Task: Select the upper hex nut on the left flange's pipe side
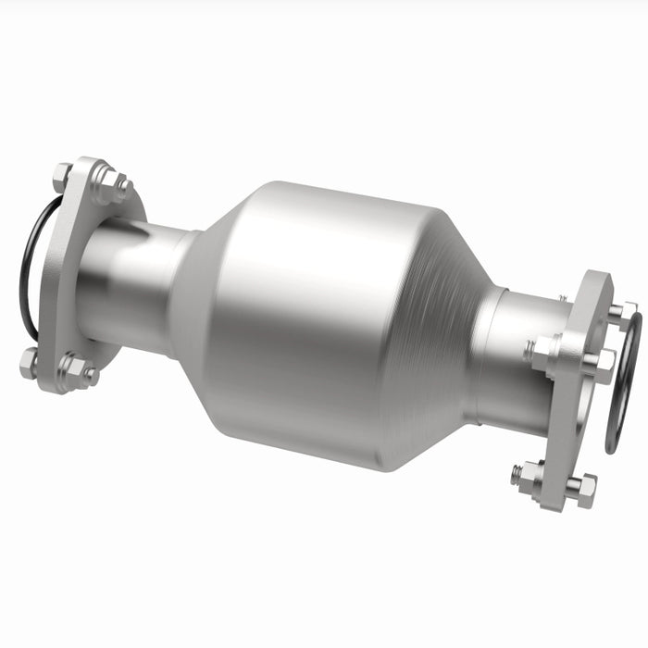coord(111,185)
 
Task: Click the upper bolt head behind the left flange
coord(62,174)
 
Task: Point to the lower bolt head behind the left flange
coord(29,362)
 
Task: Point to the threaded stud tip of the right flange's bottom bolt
coord(514,472)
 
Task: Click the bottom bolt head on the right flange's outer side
coord(582,488)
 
